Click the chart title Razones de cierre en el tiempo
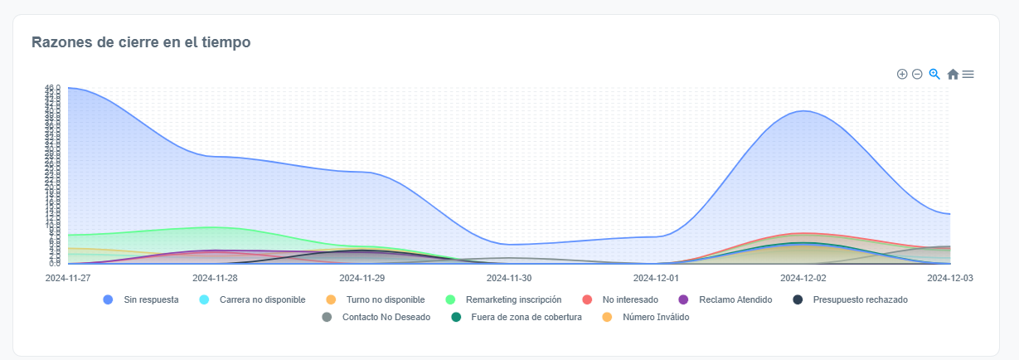click(141, 41)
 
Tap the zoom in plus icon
click(902, 74)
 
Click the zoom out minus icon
click(917, 74)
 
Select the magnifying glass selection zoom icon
click(934, 74)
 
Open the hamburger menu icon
click(968, 74)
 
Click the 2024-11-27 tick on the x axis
click(68, 278)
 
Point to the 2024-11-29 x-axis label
click(362, 278)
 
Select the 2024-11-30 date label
click(509, 278)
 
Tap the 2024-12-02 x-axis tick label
click(803, 278)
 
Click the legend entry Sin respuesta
click(150, 299)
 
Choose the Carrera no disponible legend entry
click(263, 299)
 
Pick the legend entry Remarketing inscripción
click(513, 299)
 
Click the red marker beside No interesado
click(587, 299)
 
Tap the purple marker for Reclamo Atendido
click(684, 299)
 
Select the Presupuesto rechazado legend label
click(861, 299)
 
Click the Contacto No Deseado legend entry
click(386, 317)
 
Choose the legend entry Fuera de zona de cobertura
click(526, 317)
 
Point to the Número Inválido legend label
click(655, 317)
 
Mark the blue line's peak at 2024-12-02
click(803, 110)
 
